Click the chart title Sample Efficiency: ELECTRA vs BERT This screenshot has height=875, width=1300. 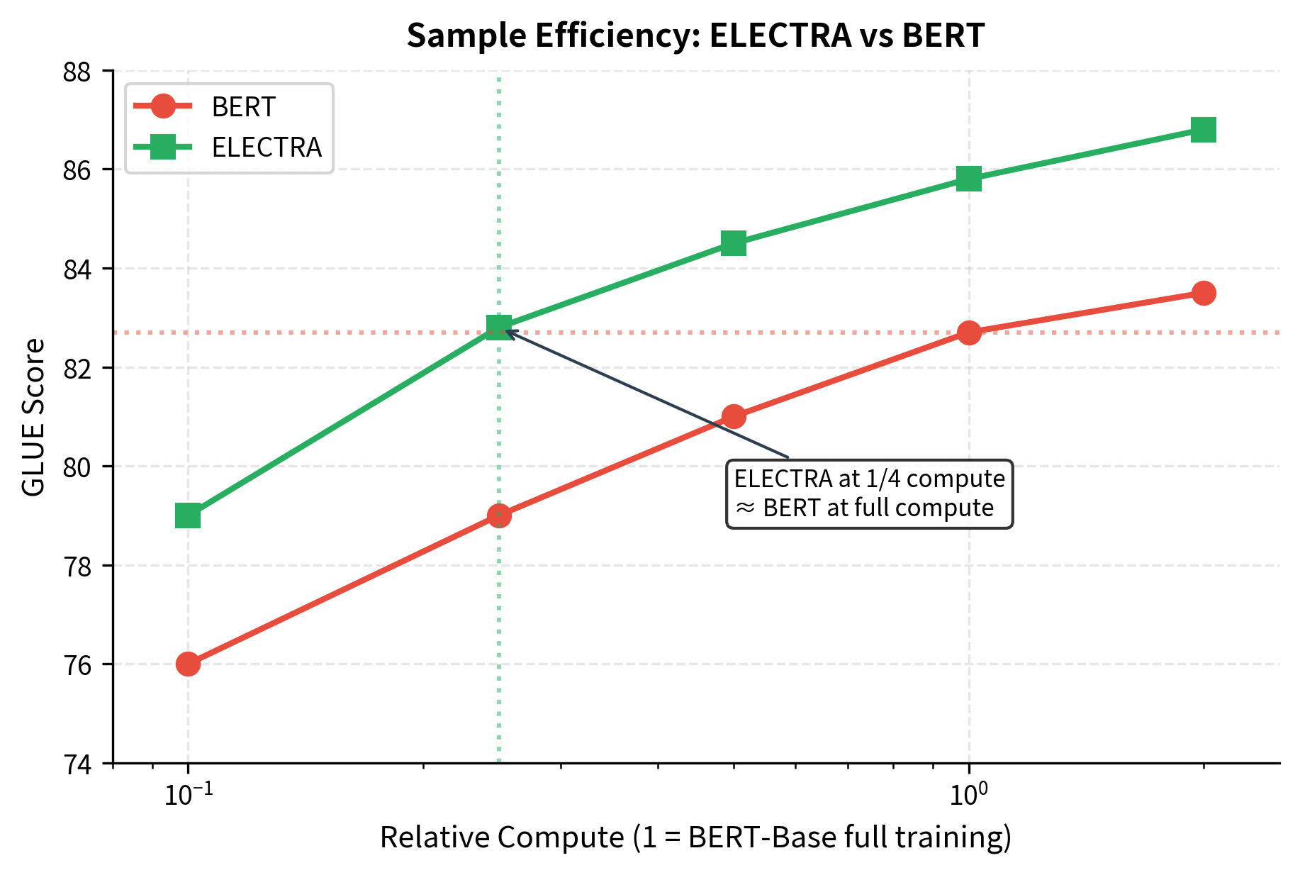tap(695, 35)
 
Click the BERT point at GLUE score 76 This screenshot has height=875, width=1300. tap(188, 664)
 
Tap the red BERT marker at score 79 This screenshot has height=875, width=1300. tap(499, 515)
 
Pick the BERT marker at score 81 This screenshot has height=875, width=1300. tap(734, 416)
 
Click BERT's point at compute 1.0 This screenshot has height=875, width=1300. tap(969, 333)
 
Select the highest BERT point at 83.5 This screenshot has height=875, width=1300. tap(1204, 293)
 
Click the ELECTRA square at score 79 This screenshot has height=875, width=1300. tap(188, 515)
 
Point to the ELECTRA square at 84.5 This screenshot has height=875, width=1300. tap(734, 243)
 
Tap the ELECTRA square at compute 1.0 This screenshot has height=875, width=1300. tap(969, 179)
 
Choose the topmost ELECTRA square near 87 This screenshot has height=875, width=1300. tap(1204, 130)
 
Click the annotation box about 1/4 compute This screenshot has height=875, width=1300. tap(870, 494)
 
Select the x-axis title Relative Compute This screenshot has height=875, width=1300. tap(695, 837)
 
